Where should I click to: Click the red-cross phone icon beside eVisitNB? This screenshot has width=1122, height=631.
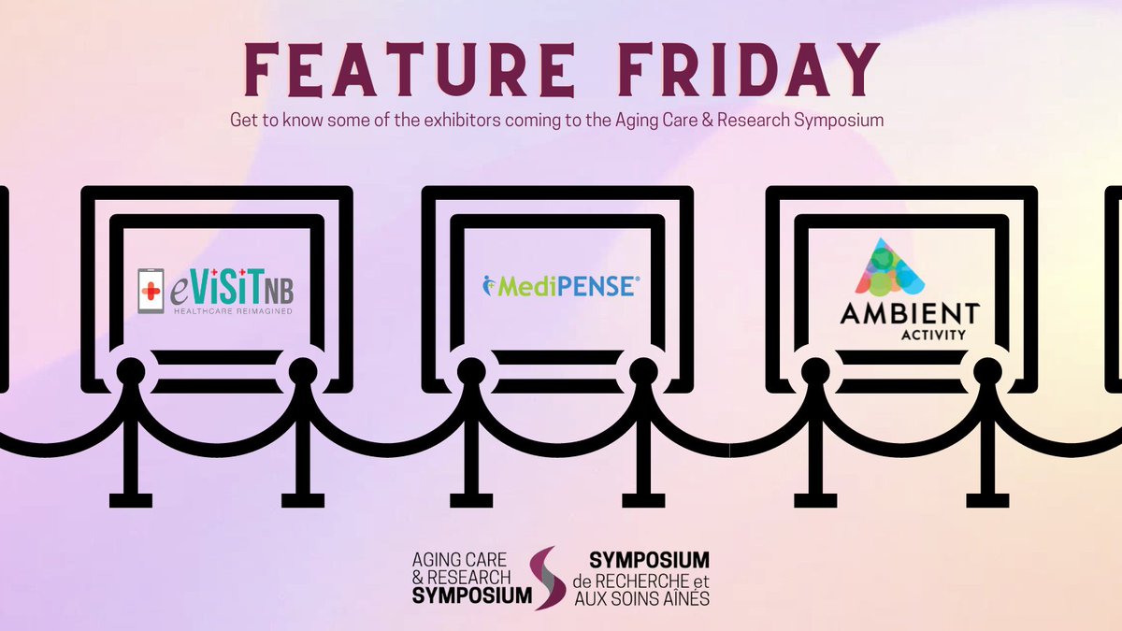tap(148, 286)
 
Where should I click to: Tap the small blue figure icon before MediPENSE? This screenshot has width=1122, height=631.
tap(488, 284)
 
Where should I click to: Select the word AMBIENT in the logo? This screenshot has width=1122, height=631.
tap(896, 314)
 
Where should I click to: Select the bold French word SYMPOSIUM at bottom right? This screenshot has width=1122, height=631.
tap(649, 560)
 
